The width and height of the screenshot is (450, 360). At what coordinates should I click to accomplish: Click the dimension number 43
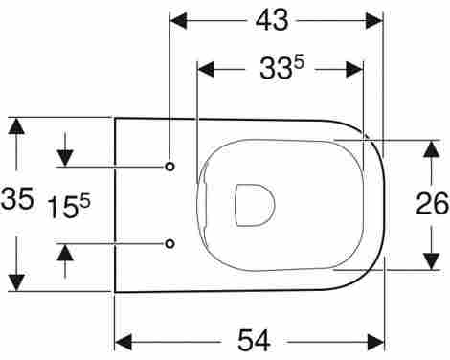coord(272,20)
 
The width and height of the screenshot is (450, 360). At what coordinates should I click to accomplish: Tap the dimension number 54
coord(254,341)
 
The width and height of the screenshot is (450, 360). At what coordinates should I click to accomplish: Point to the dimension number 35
coord(17,198)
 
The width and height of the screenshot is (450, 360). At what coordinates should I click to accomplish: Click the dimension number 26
coord(433,204)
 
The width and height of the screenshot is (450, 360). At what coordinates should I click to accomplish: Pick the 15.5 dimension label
coord(69,207)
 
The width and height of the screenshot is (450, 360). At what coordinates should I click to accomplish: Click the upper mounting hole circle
coord(170,167)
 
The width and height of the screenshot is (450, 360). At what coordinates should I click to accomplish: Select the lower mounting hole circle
coord(170,244)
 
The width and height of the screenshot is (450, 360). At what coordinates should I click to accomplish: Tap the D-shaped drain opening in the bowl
coord(255,205)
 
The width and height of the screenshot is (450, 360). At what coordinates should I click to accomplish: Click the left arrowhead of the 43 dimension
coord(178,21)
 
